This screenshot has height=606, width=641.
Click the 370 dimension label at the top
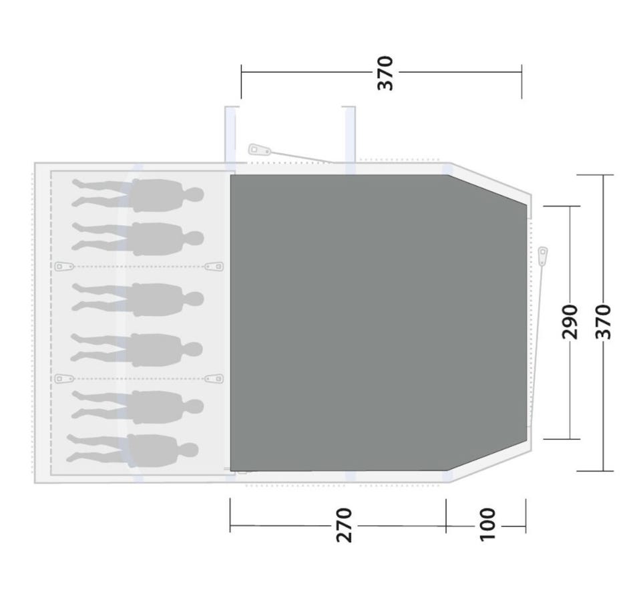tap(385, 73)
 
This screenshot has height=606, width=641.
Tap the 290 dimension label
tap(570, 321)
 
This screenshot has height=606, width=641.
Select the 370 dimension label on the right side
tap(603, 321)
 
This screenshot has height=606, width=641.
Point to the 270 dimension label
tap(344, 525)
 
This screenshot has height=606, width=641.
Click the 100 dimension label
tap(487, 524)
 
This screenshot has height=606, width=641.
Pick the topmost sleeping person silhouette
tap(138, 195)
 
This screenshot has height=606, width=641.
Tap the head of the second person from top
tap(196, 238)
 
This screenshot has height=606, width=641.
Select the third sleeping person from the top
tap(138, 299)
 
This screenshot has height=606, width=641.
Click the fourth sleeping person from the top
tap(136, 350)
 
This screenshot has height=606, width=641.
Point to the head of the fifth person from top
tap(196, 406)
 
